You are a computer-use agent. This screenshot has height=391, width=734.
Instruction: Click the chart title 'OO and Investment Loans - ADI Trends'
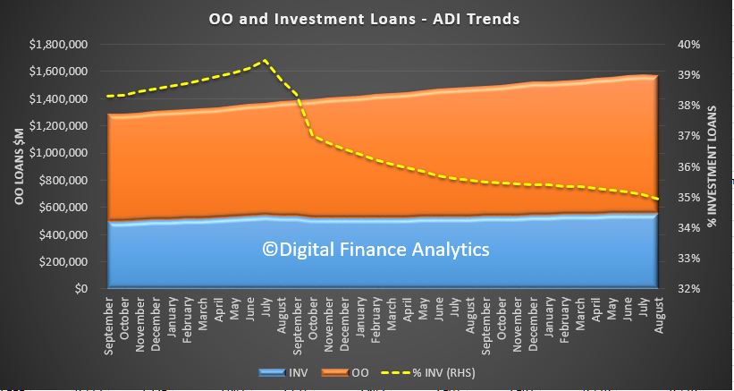point(364,19)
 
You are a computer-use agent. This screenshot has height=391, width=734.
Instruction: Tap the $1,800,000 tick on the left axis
point(58,45)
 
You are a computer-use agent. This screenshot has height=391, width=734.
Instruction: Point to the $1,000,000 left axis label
point(58,153)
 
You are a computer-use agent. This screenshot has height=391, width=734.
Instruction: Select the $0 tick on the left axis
point(80,289)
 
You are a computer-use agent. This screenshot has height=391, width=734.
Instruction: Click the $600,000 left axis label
point(63,208)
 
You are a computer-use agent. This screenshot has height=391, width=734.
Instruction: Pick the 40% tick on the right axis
point(688,45)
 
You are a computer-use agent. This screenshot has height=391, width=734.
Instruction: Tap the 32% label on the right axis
point(688,289)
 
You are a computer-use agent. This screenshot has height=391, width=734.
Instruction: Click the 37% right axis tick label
point(688,136)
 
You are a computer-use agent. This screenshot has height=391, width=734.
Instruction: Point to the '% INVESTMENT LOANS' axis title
point(713,166)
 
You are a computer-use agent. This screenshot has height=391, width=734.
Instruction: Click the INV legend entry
point(283,373)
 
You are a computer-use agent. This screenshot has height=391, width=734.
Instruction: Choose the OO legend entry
point(345,373)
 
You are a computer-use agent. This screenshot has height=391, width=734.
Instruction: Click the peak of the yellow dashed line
point(265,60)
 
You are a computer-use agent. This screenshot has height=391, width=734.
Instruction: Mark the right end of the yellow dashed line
point(658,199)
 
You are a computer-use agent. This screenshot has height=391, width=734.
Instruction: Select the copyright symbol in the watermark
point(270,250)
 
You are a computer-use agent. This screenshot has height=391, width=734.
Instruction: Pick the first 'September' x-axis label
point(108,317)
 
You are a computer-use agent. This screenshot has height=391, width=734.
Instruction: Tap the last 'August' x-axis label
point(659,315)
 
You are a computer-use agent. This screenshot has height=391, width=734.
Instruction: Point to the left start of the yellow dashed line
point(107,96)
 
